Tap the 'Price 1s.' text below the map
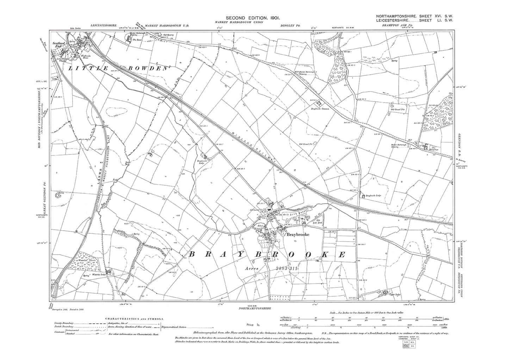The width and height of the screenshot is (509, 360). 252,324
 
